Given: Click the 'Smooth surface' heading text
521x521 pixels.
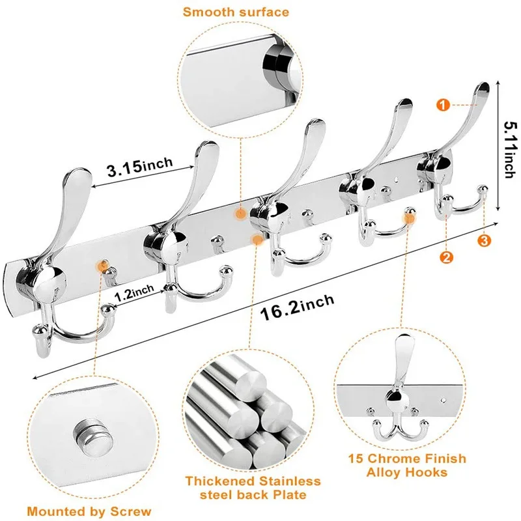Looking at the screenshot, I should [235, 12].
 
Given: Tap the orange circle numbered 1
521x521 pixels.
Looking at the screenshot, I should [442, 104].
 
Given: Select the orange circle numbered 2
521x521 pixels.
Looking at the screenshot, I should [446, 257].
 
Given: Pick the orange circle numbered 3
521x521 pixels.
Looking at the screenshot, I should [484, 241].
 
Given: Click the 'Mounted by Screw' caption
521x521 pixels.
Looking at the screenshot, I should [89, 511].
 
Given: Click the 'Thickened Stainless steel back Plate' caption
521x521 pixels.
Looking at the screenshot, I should [253, 488].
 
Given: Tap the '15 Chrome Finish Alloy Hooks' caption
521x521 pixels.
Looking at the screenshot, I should [407, 465].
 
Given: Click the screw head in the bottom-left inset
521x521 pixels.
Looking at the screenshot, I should [88, 432].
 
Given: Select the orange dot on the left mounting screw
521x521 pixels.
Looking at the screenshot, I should [101, 265].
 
